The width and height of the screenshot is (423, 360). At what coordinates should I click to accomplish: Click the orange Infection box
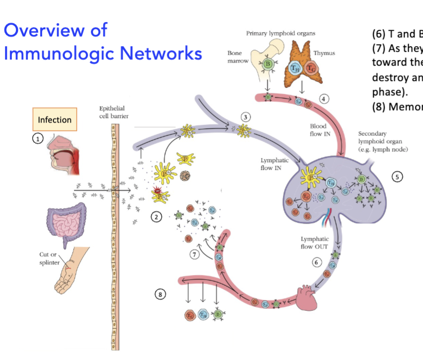click(54, 119)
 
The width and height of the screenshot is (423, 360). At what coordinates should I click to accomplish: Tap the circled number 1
click(38, 138)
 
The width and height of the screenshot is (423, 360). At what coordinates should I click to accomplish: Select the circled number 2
click(155, 217)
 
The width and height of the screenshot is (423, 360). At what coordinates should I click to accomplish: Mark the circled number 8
click(161, 294)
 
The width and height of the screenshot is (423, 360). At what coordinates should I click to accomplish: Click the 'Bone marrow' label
click(237, 57)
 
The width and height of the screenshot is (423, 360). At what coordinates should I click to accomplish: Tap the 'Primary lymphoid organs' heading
click(281, 33)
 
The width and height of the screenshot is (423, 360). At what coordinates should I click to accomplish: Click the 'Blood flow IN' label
click(319, 130)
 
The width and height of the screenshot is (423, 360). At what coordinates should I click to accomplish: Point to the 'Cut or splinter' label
click(50, 258)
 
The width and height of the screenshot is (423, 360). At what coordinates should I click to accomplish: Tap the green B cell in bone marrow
click(267, 64)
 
